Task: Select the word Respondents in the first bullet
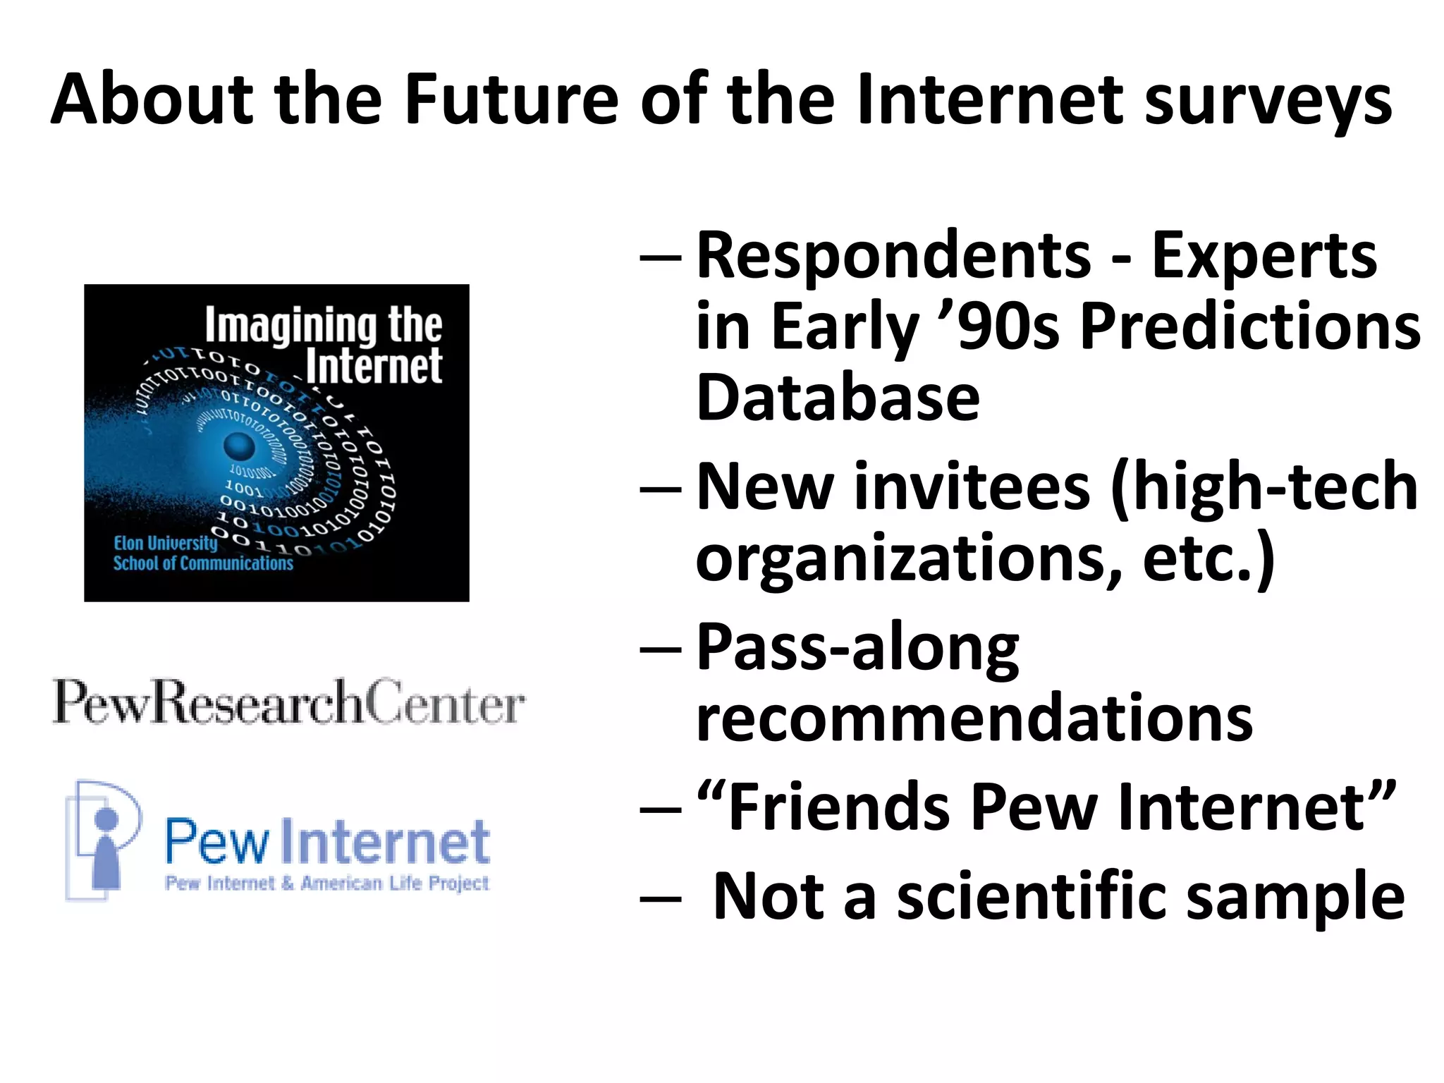893,257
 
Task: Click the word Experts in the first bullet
1263,257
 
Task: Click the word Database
838,398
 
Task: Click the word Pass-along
857,649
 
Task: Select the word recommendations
974,719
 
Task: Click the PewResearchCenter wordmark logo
288,702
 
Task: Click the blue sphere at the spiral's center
239,446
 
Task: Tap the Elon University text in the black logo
166,543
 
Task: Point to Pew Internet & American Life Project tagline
327,883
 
